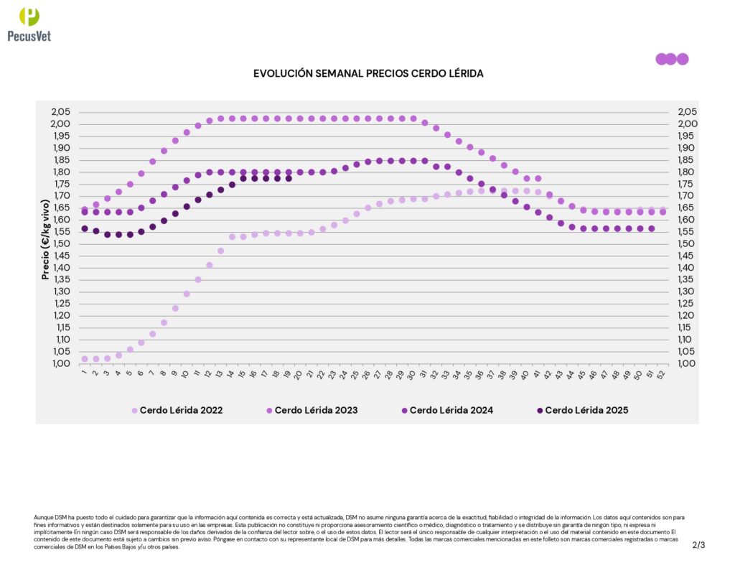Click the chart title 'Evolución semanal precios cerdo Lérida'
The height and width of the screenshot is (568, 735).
coord(368,74)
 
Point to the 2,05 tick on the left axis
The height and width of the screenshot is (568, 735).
coord(62,112)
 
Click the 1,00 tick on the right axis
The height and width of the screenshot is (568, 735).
coord(687,363)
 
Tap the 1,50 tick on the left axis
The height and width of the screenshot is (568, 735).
coord(62,243)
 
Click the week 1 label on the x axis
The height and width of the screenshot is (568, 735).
coord(83,372)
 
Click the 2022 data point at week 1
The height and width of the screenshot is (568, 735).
coord(85,358)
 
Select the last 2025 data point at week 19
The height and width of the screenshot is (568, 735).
coord(289,178)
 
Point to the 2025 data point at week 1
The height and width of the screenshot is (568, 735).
coord(85,228)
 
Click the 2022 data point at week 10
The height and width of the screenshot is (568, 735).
coord(187,294)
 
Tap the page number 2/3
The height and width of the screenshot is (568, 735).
coord(698,545)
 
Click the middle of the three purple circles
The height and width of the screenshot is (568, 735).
coord(671,59)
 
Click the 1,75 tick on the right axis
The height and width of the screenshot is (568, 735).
coord(687,184)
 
